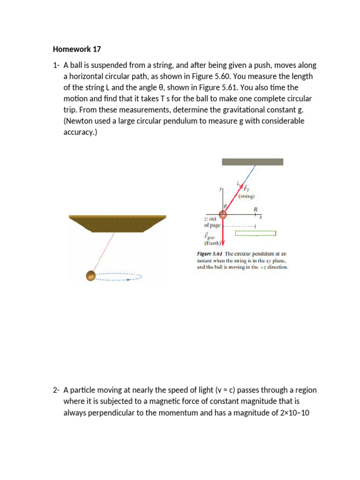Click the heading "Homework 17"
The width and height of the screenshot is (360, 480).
(x=77, y=49)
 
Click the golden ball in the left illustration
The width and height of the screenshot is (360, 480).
(x=91, y=276)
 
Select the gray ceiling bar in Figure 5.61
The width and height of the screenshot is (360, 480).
(x=252, y=162)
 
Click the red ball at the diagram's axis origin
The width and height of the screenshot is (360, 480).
(x=223, y=215)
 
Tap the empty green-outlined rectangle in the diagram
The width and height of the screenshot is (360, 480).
(x=255, y=233)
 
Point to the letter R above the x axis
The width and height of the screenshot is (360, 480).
(x=255, y=209)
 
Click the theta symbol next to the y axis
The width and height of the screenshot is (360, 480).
(x=225, y=206)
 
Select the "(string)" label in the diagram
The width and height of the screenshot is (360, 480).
(x=247, y=197)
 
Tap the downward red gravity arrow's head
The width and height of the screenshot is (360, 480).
(x=223, y=243)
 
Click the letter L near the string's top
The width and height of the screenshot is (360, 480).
(x=238, y=183)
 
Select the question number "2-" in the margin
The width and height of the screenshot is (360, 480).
(x=56, y=390)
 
